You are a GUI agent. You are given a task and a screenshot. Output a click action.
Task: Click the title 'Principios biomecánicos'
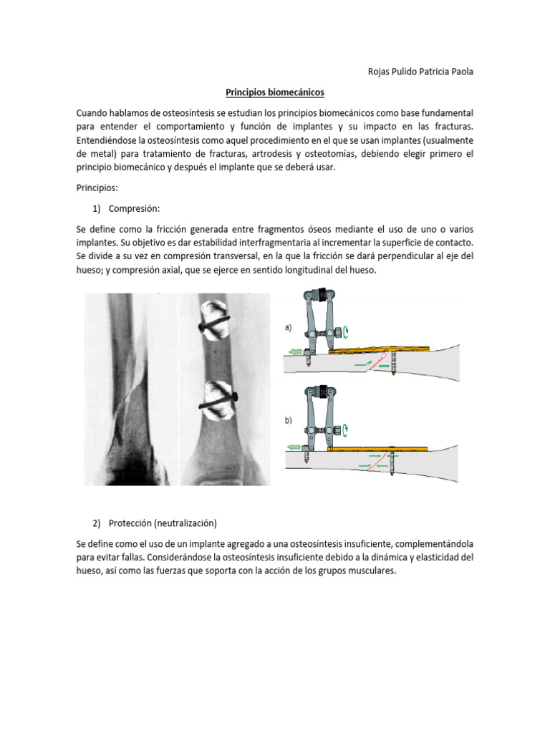pyautogui.click(x=275, y=92)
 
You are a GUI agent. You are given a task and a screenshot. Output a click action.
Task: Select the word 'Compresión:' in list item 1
pyautogui.click(x=135, y=208)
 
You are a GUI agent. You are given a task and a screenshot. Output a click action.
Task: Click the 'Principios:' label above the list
pyautogui.click(x=97, y=188)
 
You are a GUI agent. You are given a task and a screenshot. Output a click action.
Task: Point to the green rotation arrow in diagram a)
pyautogui.click(x=347, y=331)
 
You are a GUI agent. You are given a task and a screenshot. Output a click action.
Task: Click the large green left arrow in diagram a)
pyautogui.click(x=294, y=351)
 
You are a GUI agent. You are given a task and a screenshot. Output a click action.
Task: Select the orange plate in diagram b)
pyautogui.click(x=380, y=449)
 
